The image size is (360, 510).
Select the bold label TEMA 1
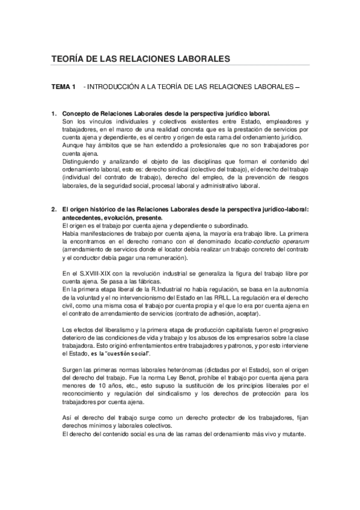click(x=63, y=88)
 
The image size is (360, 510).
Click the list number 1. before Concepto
click(x=54, y=113)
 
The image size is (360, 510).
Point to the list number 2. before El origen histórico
click(x=54, y=209)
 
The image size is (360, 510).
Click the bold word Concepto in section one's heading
click(x=77, y=113)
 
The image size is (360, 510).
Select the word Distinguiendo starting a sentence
click(x=82, y=162)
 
